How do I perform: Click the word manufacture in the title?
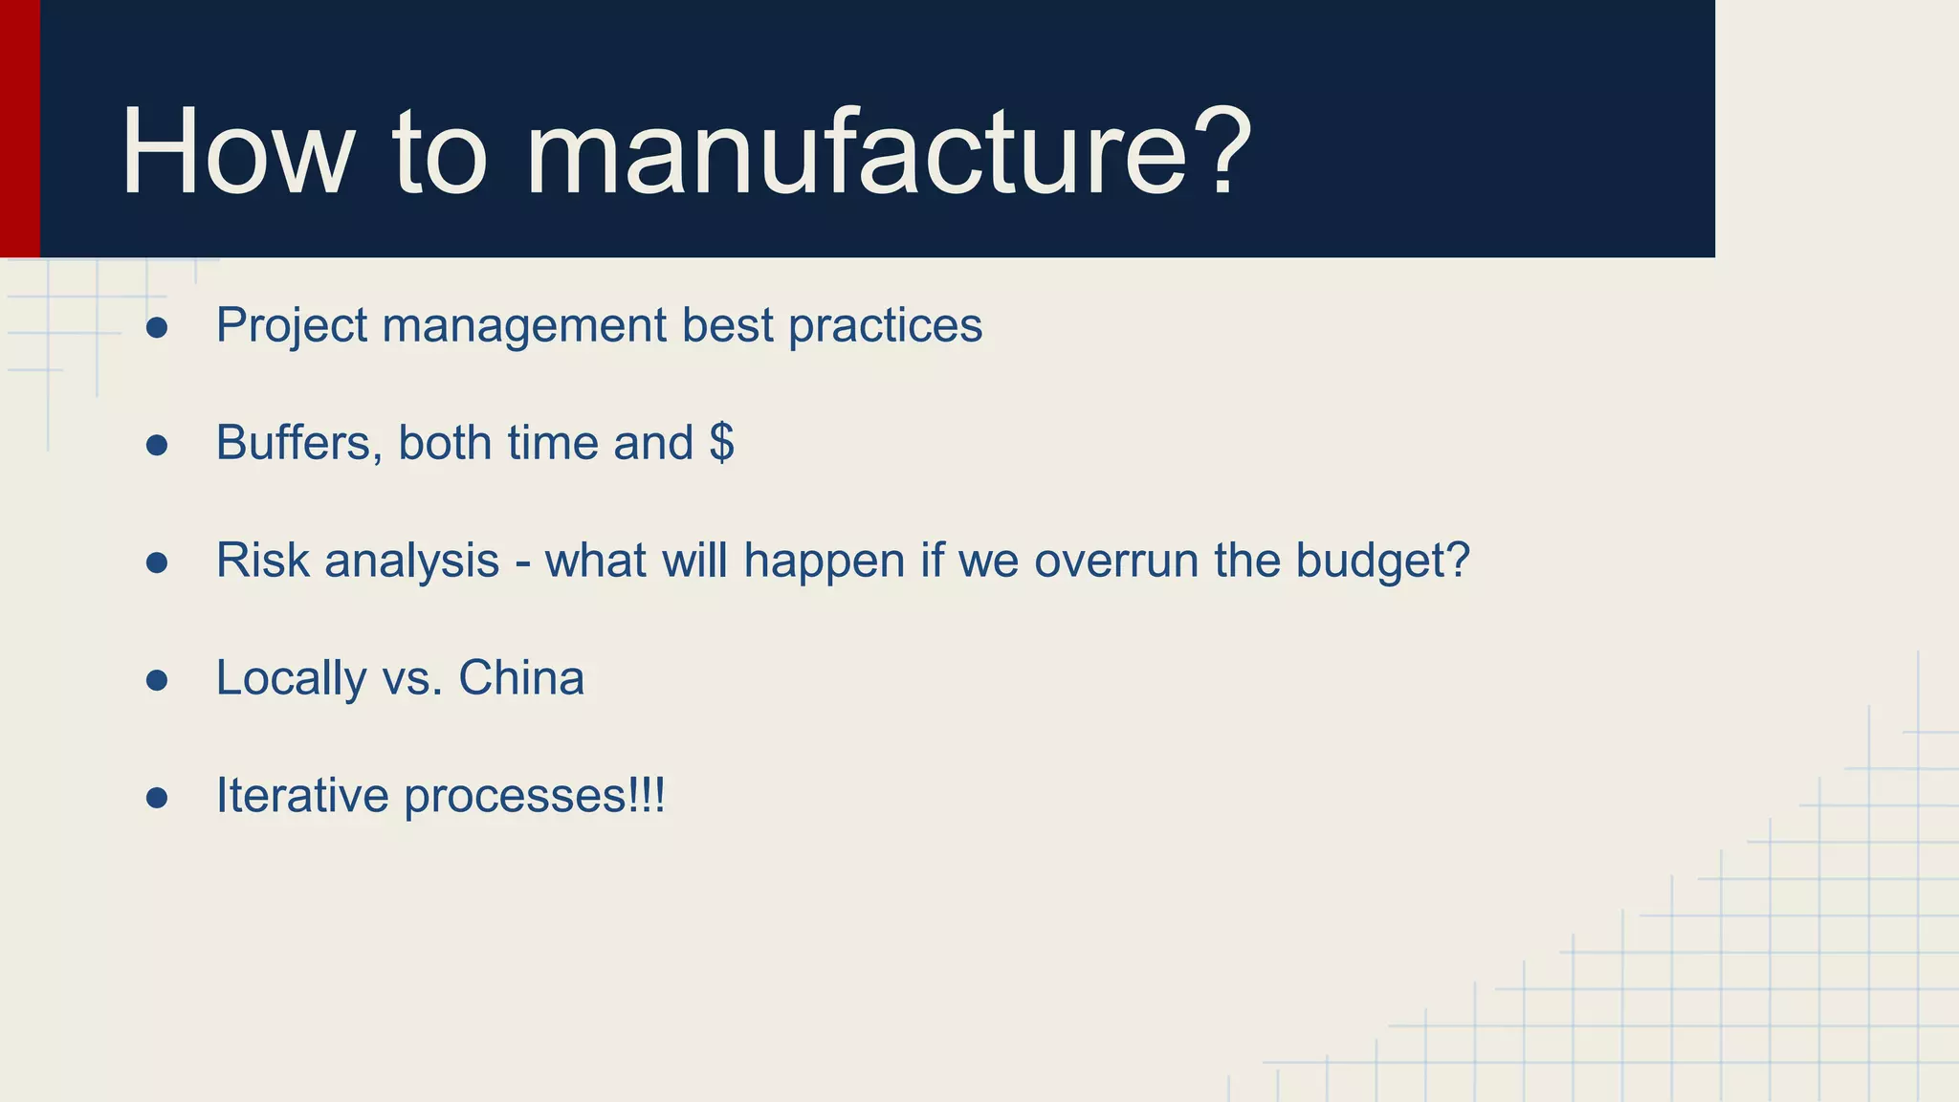[855, 153]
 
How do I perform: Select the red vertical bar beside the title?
[19, 128]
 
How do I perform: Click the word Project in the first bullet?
[292, 326]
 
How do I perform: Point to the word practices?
[885, 326]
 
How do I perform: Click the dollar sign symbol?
[722, 443]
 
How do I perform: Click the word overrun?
[1116, 561]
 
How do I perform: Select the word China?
[521, 678]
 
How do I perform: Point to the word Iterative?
[302, 796]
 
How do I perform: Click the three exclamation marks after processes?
[647, 796]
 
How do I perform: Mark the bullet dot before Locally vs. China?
[158, 680]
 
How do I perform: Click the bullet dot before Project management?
[158, 328]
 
